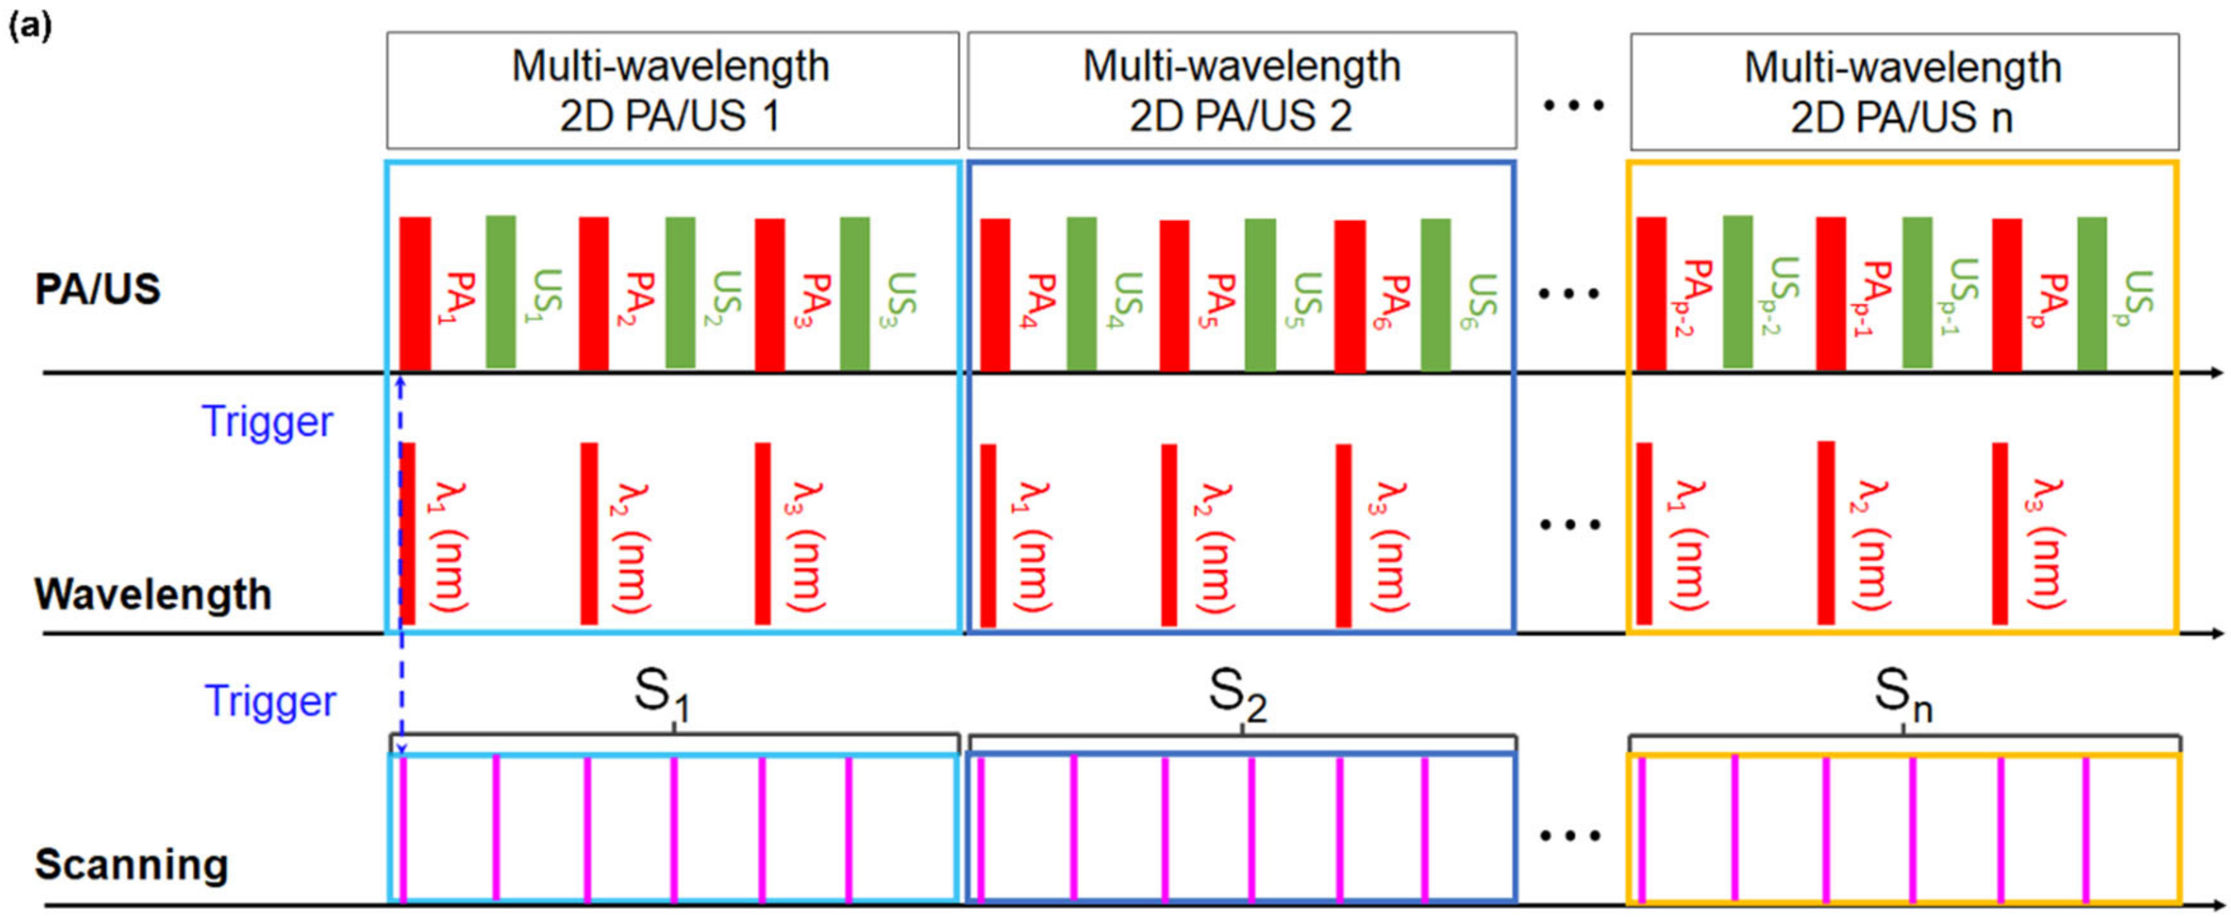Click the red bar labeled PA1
coord(415,294)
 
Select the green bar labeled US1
coord(501,292)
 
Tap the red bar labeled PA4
coord(995,294)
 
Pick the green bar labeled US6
coord(1435,294)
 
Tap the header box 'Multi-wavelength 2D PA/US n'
coord(1903,92)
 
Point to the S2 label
coord(1238,696)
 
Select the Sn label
coord(1903,696)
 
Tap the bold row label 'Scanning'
coord(132,864)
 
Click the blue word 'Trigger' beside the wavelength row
coord(267,422)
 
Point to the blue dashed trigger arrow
coord(401,563)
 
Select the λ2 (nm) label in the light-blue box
coord(630,547)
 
